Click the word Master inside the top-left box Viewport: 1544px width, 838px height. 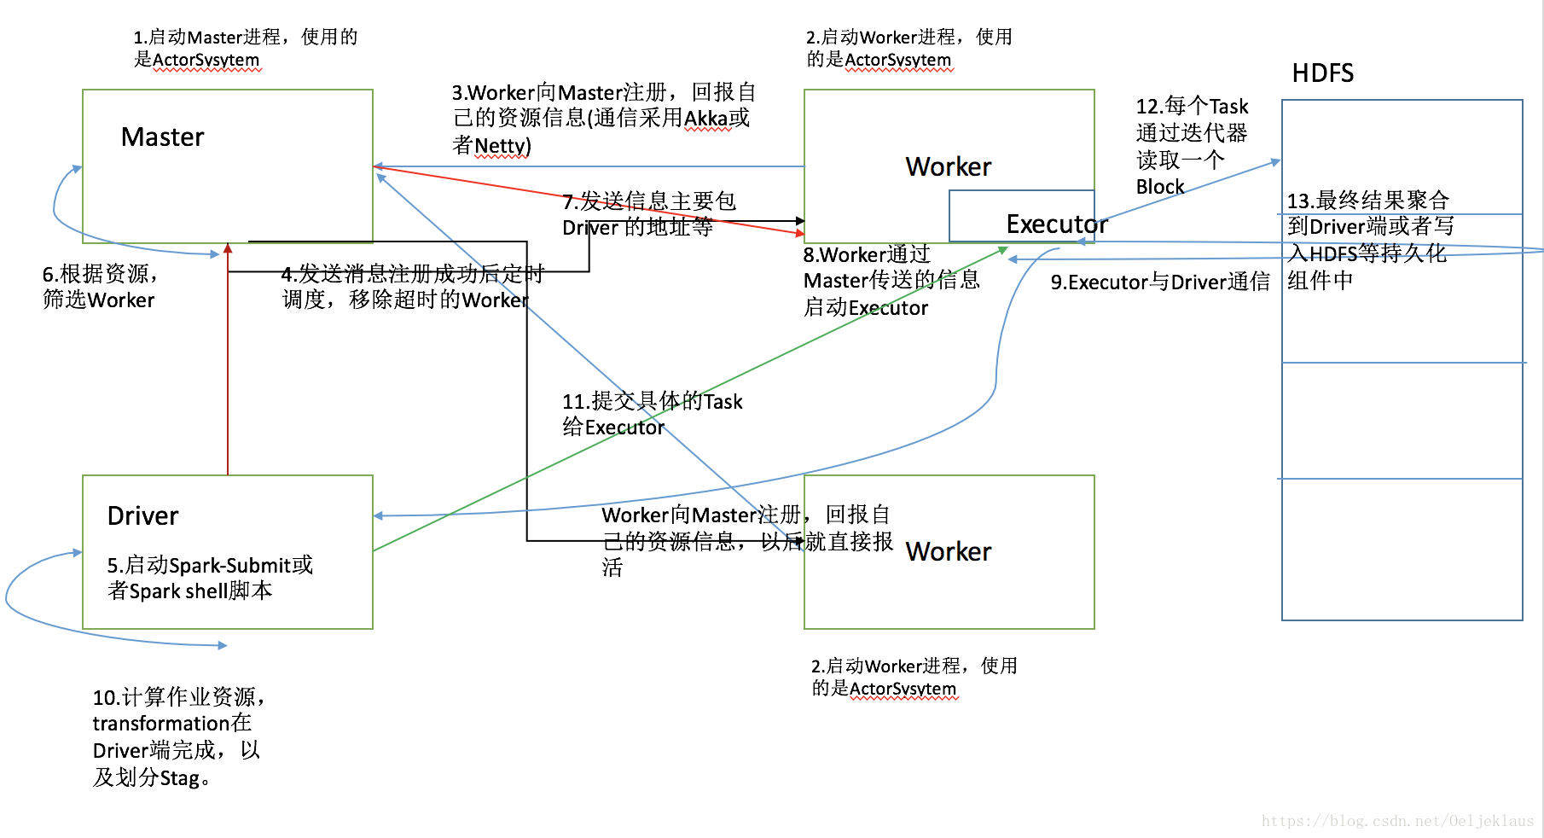[x=162, y=137]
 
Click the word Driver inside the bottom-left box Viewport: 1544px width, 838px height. [x=142, y=516]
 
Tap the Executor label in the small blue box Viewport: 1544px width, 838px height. [x=1056, y=224]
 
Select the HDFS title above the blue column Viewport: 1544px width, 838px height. [x=1322, y=73]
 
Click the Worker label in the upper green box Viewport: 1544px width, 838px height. [x=948, y=166]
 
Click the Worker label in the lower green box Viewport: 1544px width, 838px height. [x=948, y=552]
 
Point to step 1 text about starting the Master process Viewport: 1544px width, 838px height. [x=245, y=48]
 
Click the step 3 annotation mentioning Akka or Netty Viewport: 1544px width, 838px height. [x=602, y=119]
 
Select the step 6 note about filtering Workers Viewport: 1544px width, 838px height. [x=100, y=287]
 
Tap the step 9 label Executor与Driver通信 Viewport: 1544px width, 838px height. [x=1159, y=282]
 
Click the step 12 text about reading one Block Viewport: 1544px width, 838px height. [x=1191, y=146]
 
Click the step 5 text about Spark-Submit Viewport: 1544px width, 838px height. [x=210, y=578]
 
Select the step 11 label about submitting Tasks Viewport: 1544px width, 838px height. [x=652, y=414]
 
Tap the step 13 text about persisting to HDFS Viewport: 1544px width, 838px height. [x=1368, y=241]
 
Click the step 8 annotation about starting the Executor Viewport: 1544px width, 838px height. [x=891, y=281]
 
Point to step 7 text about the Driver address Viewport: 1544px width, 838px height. [x=648, y=214]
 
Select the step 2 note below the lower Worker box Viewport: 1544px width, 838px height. [x=913, y=677]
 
